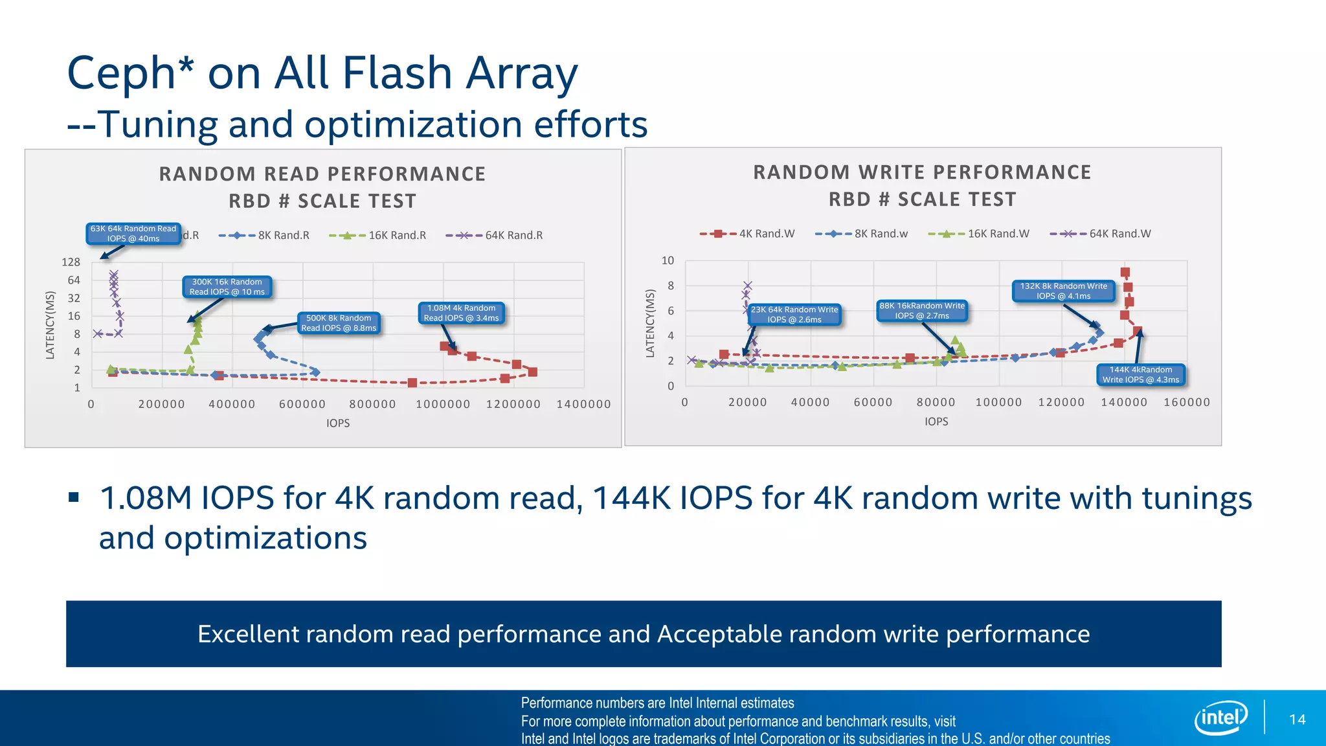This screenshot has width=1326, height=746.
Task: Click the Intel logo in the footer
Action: point(1221,718)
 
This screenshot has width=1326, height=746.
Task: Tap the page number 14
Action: point(1297,719)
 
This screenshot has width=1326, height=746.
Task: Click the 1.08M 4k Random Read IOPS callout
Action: point(461,313)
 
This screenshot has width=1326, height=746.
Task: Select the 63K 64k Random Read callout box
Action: point(133,234)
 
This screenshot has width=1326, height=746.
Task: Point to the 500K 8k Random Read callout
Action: point(339,323)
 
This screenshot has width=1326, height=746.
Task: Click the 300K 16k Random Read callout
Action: point(227,287)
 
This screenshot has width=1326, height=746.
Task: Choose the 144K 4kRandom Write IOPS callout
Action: point(1141,375)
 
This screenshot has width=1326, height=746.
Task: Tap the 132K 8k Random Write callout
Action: point(1064,291)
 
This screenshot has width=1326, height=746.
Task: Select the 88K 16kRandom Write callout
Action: point(922,311)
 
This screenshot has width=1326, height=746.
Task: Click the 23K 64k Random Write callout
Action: point(794,315)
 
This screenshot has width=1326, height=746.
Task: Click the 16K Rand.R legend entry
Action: point(378,236)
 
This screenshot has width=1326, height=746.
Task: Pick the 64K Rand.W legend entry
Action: point(1101,234)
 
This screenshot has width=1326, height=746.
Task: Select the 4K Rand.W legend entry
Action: point(748,234)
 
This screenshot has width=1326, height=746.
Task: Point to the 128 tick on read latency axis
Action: point(71,262)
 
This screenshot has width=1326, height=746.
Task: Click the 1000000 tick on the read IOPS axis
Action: point(443,405)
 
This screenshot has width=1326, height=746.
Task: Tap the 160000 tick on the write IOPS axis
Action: point(1187,403)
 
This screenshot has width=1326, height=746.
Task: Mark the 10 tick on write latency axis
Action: point(668,260)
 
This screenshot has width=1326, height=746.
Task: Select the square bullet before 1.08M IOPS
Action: point(73,498)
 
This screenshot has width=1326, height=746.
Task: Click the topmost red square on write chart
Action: point(1125,273)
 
